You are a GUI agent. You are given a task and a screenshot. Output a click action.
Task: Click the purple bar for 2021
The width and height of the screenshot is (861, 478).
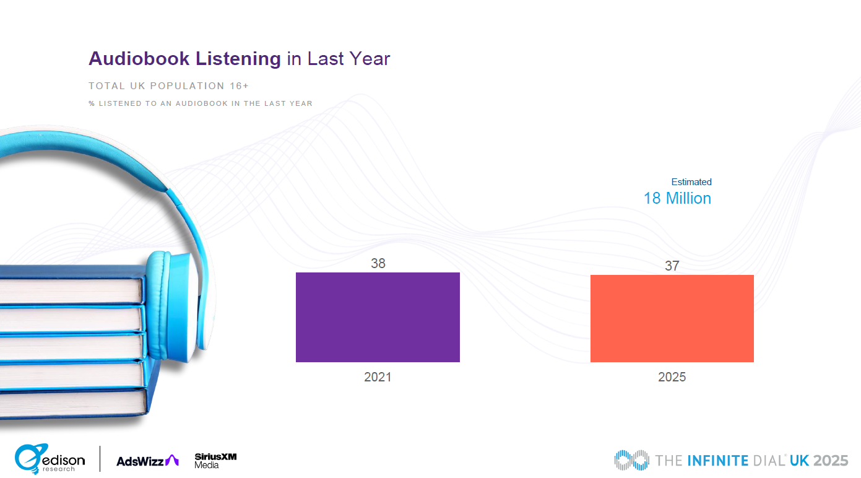pyautogui.click(x=378, y=317)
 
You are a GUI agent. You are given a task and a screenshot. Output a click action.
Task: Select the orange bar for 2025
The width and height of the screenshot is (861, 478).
pyautogui.click(x=672, y=318)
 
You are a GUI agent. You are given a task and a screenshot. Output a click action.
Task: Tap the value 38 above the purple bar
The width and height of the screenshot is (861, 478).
pyautogui.click(x=378, y=263)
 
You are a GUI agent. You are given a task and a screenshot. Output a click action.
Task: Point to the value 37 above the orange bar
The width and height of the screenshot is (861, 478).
pyautogui.click(x=672, y=266)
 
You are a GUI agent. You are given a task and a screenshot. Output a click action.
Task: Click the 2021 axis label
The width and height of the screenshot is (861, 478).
pyautogui.click(x=378, y=377)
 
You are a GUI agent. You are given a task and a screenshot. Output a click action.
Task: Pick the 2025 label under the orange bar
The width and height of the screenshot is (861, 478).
pyautogui.click(x=672, y=377)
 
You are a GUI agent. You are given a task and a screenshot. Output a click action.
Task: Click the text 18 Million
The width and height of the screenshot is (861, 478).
pyautogui.click(x=677, y=198)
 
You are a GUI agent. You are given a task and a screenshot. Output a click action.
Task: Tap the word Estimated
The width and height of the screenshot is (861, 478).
pyautogui.click(x=691, y=182)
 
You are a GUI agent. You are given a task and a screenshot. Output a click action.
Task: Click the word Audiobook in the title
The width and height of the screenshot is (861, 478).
pyautogui.click(x=140, y=59)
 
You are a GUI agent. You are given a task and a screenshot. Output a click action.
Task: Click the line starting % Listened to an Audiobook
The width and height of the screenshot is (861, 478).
pyautogui.click(x=201, y=103)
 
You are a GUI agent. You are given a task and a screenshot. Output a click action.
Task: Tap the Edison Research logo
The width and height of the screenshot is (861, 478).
pyautogui.click(x=50, y=459)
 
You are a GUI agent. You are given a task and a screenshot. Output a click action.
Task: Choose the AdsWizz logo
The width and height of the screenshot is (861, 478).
pyautogui.click(x=147, y=461)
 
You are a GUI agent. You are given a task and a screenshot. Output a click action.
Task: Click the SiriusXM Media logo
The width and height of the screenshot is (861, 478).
pyautogui.click(x=215, y=460)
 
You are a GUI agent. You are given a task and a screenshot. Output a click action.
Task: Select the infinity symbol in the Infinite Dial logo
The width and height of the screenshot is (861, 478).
pyautogui.click(x=631, y=460)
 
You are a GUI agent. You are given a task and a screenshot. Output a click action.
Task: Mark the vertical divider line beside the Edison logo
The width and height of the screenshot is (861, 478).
pyautogui.click(x=100, y=459)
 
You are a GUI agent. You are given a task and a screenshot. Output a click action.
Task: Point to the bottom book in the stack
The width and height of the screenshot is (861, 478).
pyautogui.click(x=71, y=402)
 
